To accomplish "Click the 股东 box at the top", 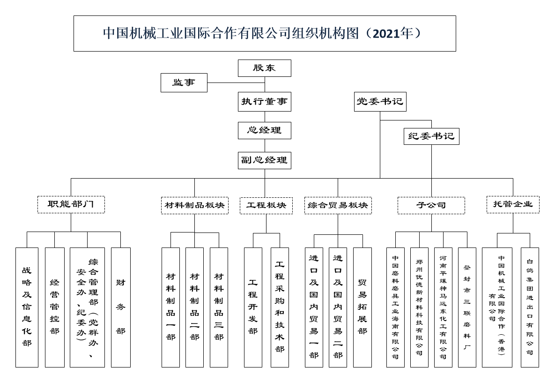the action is (265, 68).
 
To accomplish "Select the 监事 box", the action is (184, 82).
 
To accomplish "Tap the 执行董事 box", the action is (265, 102).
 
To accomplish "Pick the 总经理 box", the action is (265, 130).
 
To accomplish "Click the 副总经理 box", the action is (265, 160).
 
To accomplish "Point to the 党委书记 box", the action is (380, 102).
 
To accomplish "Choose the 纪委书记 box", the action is (431, 136).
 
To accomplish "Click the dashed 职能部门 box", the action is (71, 204).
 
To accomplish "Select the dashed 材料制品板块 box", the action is (195, 205).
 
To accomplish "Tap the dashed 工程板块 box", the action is (266, 205).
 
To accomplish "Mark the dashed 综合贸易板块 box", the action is (338, 205).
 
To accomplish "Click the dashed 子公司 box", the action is (431, 205).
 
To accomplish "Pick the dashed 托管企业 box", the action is (513, 204).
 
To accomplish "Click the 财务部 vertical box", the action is (121, 307).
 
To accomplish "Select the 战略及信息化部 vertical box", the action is (27, 307).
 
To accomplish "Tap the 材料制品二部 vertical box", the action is (195, 307).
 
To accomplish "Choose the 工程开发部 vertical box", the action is (253, 307).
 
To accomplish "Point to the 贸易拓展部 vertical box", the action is (363, 307).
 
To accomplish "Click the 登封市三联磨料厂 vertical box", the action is (467, 307).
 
